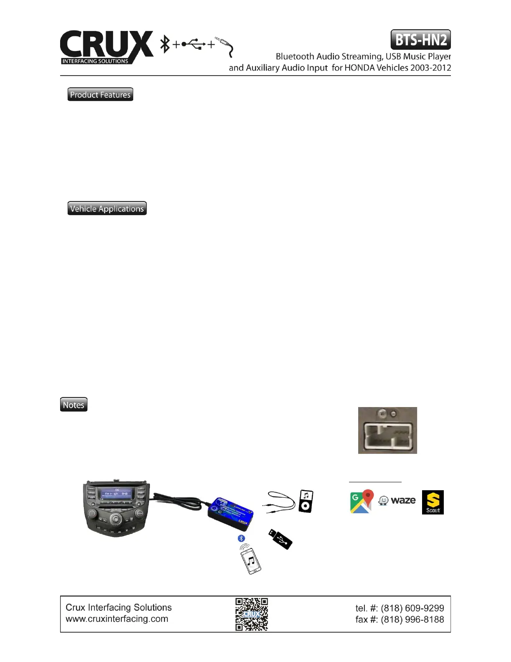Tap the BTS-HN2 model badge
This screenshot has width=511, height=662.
[420, 40]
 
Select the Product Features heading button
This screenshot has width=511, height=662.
[100, 94]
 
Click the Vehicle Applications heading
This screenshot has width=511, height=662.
[107, 209]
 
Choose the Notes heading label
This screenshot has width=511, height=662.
[73, 405]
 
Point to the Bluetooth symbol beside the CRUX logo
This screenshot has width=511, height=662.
[165, 44]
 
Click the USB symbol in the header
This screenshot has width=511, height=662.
[194, 44]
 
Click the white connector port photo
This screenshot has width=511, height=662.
[387, 430]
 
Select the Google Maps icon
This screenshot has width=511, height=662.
[361, 501]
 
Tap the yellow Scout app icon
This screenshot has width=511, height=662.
[433, 502]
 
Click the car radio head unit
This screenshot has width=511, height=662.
[116, 508]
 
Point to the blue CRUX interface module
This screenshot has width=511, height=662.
[230, 514]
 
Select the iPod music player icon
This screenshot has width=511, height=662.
[306, 501]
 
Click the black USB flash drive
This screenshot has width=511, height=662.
[280, 539]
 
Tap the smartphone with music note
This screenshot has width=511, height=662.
[250, 559]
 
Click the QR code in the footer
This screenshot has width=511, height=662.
[251, 614]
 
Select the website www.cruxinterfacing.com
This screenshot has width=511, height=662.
[117, 619]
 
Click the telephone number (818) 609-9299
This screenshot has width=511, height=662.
[412, 608]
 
